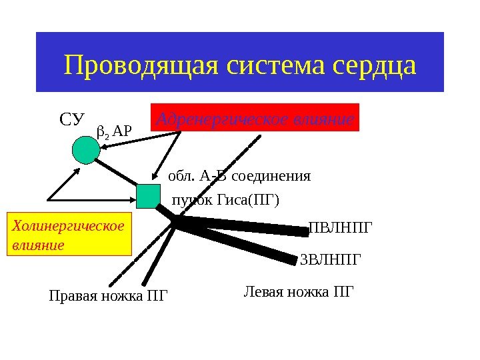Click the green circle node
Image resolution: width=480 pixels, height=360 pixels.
[x=85, y=149]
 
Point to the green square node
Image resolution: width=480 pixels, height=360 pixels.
[x=149, y=197]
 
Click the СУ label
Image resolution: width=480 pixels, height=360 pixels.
[x=73, y=120]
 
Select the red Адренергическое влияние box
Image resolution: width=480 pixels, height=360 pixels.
[x=256, y=117]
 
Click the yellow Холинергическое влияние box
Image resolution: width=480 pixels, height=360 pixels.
[x=69, y=235]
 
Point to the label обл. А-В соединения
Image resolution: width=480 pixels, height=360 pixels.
[x=239, y=177]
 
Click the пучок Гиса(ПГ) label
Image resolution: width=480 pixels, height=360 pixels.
[x=226, y=200]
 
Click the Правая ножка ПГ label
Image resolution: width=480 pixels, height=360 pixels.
[x=109, y=295]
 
